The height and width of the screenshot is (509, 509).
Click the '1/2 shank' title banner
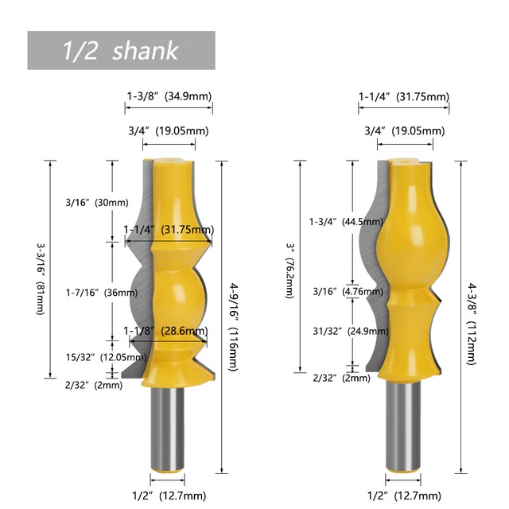coord(121,51)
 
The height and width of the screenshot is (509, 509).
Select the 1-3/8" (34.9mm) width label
coord(169,96)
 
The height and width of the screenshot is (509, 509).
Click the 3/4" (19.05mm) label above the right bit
coord(406,130)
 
